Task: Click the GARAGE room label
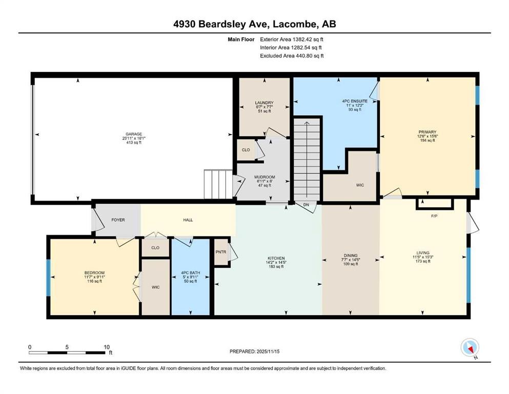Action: tap(132, 134)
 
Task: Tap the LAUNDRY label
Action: tap(264, 103)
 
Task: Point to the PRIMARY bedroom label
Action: tap(427, 132)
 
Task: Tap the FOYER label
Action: tap(118, 220)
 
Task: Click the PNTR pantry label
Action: tap(220, 252)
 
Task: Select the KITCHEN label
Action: tap(276, 258)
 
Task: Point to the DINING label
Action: tap(351, 255)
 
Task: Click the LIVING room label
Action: tap(423, 252)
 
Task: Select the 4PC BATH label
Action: tap(191, 272)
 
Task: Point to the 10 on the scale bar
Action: tap(107, 346)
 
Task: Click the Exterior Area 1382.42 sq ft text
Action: tap(292, 39)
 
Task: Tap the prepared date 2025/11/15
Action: tap(271, 351)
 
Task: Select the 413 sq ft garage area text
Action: tap(132, 143)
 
